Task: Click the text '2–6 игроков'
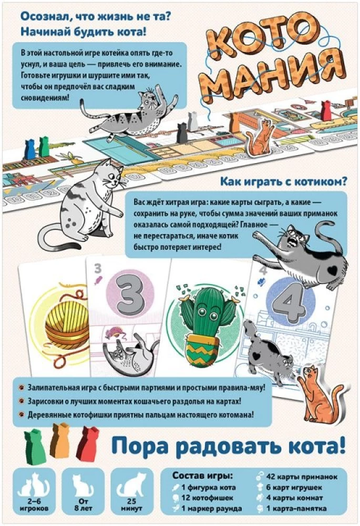[x=33, y=505]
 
